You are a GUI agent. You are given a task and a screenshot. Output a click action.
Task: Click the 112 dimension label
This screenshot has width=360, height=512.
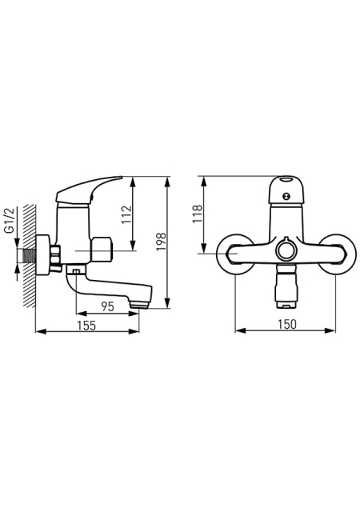click(x=126, y=214)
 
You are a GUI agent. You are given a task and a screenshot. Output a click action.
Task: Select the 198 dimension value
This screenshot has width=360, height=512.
click(x=161, y=242)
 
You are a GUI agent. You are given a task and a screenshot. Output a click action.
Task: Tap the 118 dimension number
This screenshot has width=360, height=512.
click(x=198, y=214)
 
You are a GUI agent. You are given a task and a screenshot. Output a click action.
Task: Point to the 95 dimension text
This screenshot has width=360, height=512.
click(x=107, y=306)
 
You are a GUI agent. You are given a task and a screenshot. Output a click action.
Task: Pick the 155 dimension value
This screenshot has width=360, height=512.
click(x=86, y=326)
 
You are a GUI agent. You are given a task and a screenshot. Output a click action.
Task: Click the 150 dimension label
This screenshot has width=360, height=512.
click(x=287, y=324)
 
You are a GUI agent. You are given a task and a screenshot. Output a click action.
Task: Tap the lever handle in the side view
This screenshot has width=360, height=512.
click(x=89, y=190)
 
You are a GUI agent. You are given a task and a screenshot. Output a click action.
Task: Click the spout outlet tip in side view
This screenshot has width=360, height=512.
click(x=139, y=306)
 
